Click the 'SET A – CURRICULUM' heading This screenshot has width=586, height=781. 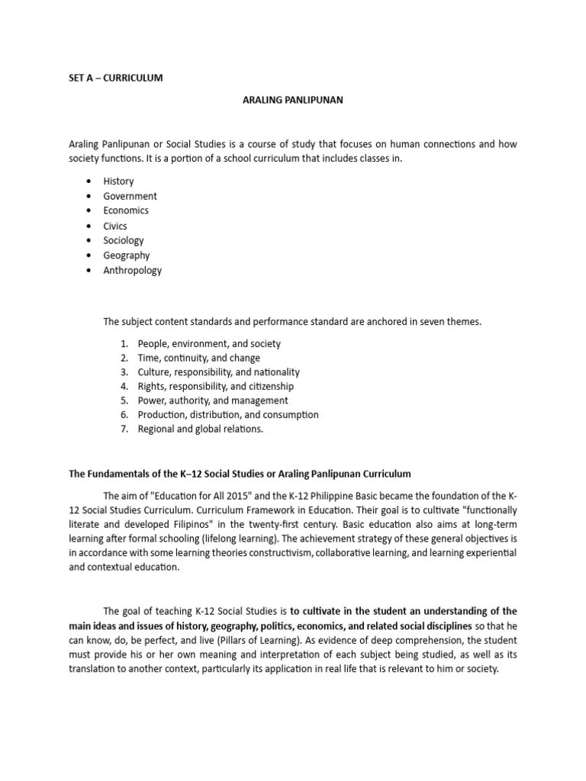pyautogui.click(x=115, y=78)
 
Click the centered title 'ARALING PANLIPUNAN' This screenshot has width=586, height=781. pyautogui.click(x=293, y=100)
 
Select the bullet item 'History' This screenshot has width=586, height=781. pyautogui.click(x=118, y=181)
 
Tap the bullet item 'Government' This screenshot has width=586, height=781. pyautogui.click(x=130, y=196)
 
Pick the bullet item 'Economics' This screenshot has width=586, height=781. pyautogui.click(x=126, y=211)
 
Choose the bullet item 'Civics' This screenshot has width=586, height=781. pyautogui.click(x=115, y=226)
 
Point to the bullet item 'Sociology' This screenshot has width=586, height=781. pyautogui.click(x=124, y=240)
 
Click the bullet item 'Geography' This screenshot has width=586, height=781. pyautogui.click(x=127, y=256)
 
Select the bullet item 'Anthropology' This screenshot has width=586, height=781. pyautogui.click(x=133, y=270)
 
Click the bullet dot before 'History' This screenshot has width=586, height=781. pyautogui.click(x=89, y=181)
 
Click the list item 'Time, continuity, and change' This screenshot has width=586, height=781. pyautogui.click(x=199, y=358)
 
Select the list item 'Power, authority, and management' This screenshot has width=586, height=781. pyautogui.click(x=213, y=400)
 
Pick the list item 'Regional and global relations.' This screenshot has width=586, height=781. pyautogui.click(x=201, y=429)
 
